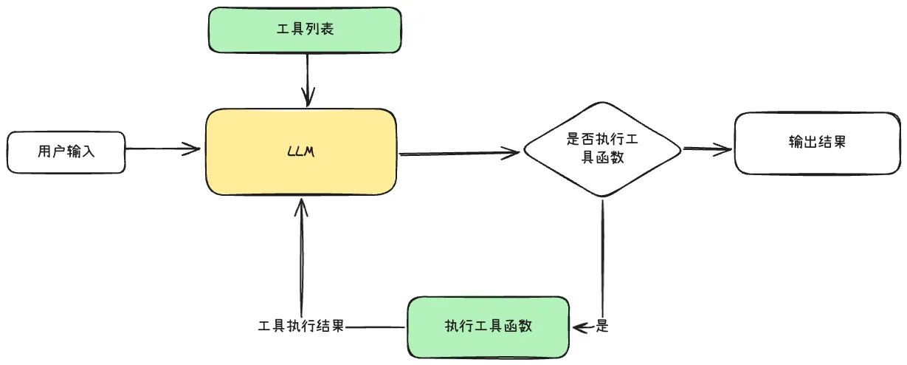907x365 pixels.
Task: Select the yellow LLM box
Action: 301,152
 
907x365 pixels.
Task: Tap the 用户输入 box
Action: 66,152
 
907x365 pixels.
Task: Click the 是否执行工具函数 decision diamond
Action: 601,149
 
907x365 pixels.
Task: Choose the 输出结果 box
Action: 816,143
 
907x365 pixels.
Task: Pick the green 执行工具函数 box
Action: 488,326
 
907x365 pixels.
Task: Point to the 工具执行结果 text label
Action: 301,326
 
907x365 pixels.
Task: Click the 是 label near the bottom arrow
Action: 601,326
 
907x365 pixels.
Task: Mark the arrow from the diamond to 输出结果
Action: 707,149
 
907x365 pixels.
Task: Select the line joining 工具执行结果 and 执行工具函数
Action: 376,326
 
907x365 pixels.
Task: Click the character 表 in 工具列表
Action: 328,30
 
